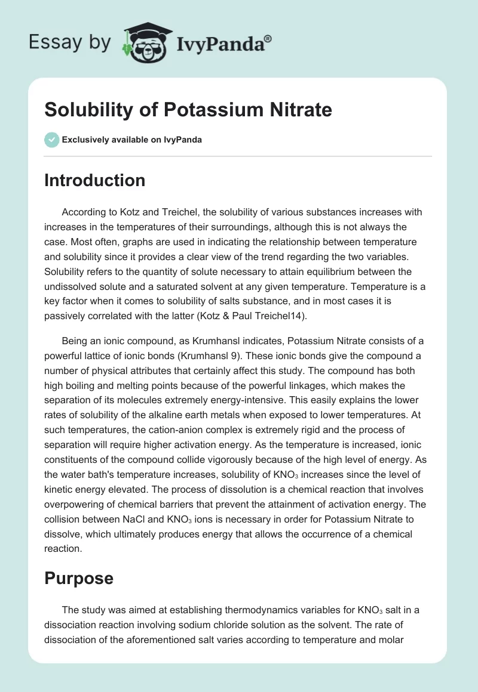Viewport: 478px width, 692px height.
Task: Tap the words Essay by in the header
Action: coord(69,42)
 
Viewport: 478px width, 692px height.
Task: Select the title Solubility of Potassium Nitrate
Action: coord(188,110)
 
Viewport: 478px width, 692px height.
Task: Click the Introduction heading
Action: coord(94,181)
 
